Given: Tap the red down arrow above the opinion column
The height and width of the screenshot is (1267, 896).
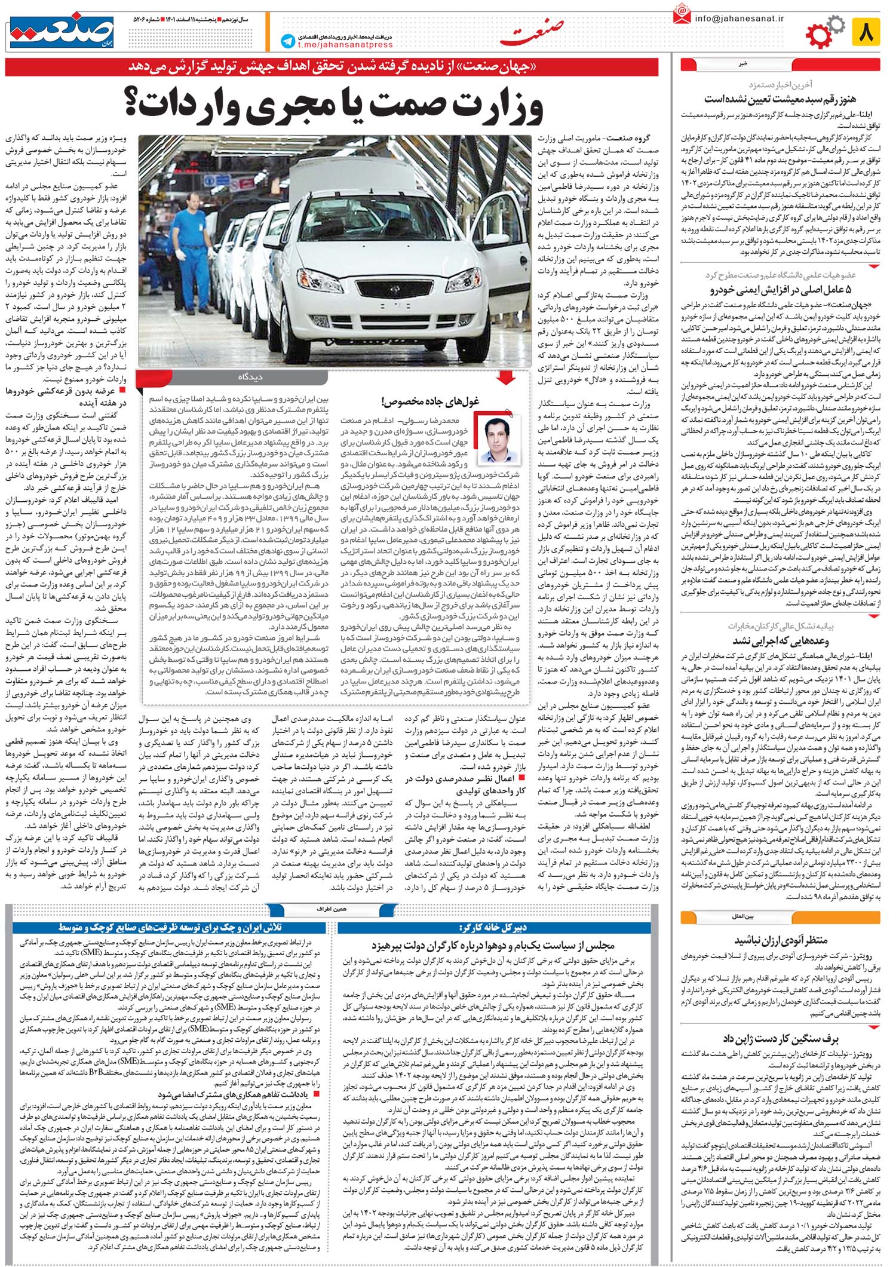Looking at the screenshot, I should tap(506, 377).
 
